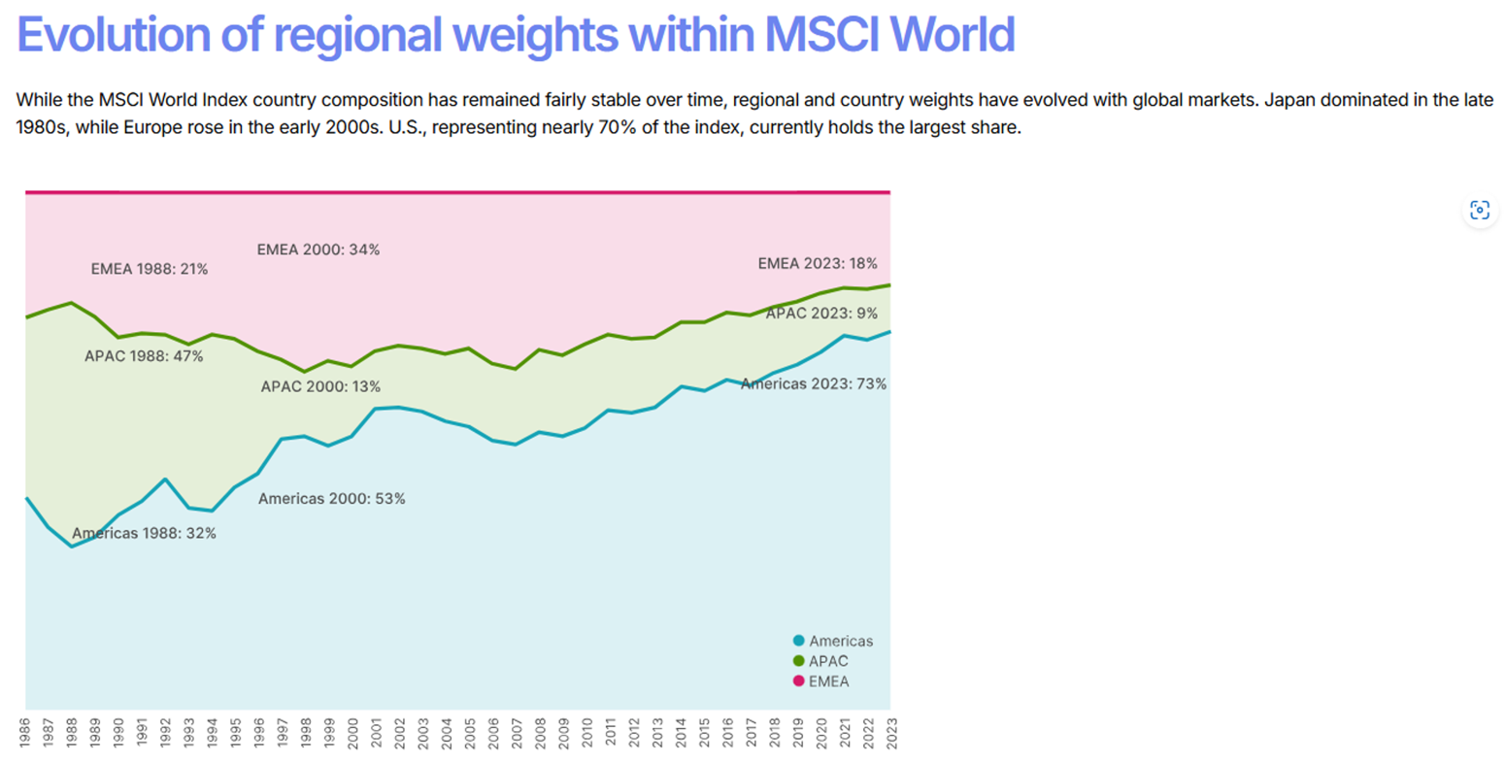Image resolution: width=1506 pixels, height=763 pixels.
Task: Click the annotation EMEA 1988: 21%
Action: click(150, 269)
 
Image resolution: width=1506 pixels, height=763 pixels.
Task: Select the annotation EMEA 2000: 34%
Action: click(318, 249)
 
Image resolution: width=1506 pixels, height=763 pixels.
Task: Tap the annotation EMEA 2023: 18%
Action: click(818, 263)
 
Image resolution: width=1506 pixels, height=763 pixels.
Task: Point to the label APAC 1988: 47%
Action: click(144, 356)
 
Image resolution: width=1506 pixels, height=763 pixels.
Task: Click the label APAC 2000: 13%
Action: click(320, 386)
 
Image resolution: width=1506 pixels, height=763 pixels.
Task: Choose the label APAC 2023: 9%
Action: click(821, 314)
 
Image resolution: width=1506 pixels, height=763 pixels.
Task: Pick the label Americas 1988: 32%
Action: click(144, 533)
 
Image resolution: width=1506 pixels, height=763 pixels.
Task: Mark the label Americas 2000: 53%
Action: click(332, 499)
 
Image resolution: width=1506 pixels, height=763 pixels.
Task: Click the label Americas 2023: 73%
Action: click(814, 383)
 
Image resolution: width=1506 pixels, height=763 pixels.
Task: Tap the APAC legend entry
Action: click(821, 661)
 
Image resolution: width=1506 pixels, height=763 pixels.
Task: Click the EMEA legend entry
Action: click(821, 681)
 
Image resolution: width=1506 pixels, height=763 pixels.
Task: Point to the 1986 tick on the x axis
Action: click(25, 732)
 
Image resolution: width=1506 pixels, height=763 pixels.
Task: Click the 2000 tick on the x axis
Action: click(352, 732)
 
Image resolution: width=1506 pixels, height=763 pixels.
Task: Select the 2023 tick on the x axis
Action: click(890, 732)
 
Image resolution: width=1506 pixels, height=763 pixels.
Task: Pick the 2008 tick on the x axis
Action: click(540, 732)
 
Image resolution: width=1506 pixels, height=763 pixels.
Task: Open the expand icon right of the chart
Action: click(1479, 210)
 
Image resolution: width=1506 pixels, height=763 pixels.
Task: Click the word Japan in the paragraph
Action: click(1288, 100)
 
